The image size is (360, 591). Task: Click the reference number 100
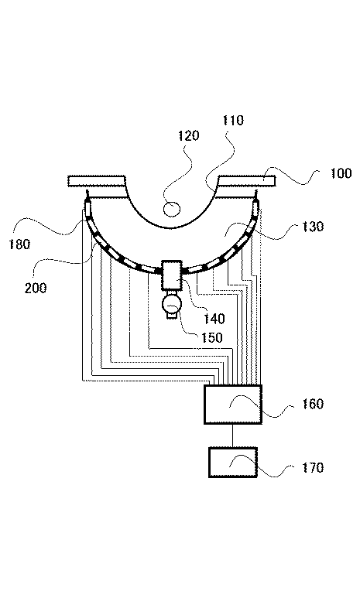(x=341, y=173)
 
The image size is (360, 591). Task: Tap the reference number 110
(x=233, y=121)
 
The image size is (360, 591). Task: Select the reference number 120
(x=188, y=135)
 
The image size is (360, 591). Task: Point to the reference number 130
(x=313, y=227)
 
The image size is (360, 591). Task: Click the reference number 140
(x=214, y=319)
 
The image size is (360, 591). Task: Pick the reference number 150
(x=211, y=338)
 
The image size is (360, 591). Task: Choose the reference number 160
(x=313, y=404)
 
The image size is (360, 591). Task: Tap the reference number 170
(x=313, y=468)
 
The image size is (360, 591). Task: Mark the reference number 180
(x=19, y=244)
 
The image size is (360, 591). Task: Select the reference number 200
(x=36, y=288)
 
